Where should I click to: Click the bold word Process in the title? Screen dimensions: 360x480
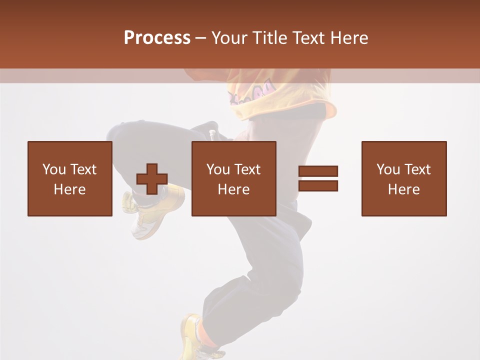157,38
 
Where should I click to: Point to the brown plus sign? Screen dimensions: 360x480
152,179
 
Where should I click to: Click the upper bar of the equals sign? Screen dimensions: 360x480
318,171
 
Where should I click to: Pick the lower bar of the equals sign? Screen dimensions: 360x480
318,186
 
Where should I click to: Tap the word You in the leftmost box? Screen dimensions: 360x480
54,169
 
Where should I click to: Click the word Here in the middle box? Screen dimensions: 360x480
234,189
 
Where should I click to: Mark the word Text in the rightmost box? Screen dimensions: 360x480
418,169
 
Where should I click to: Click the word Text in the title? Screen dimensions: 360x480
309,38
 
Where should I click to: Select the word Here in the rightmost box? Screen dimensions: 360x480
404,189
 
